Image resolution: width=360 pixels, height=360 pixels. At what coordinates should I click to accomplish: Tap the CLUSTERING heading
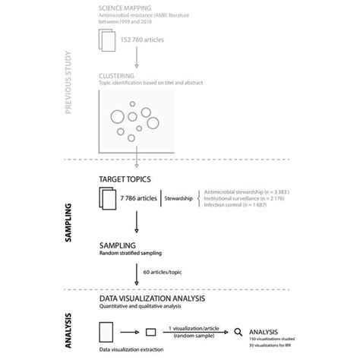point(118,77)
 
